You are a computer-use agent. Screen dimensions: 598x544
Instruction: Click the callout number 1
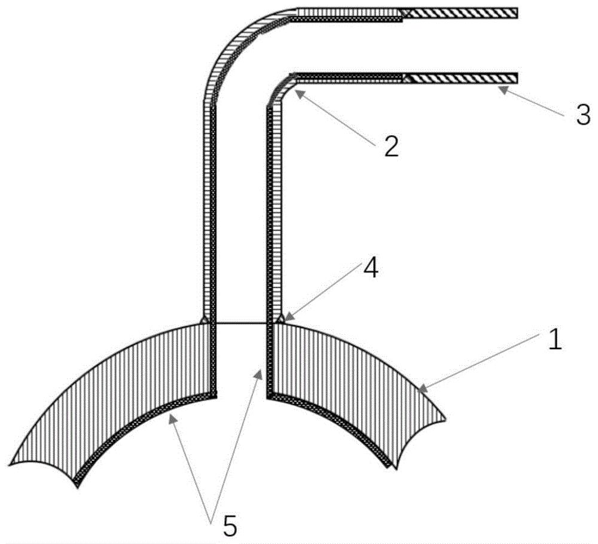click(555, 340)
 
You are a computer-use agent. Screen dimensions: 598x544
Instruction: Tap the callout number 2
click(391, 146)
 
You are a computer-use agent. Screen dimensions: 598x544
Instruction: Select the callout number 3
click(583, 115)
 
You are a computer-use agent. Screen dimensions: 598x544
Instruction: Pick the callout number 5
click(230, 525)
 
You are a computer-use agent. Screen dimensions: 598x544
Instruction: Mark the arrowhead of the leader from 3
click(502, 90)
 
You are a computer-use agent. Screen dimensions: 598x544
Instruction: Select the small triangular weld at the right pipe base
click(280, 319)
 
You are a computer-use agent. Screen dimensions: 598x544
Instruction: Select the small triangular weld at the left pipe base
click(205, 319)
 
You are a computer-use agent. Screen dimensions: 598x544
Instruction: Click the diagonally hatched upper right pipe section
click(460, 13)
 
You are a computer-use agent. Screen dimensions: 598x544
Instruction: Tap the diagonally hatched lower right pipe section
click(460, 78)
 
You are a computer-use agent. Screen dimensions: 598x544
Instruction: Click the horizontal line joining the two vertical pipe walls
click(242, 323)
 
